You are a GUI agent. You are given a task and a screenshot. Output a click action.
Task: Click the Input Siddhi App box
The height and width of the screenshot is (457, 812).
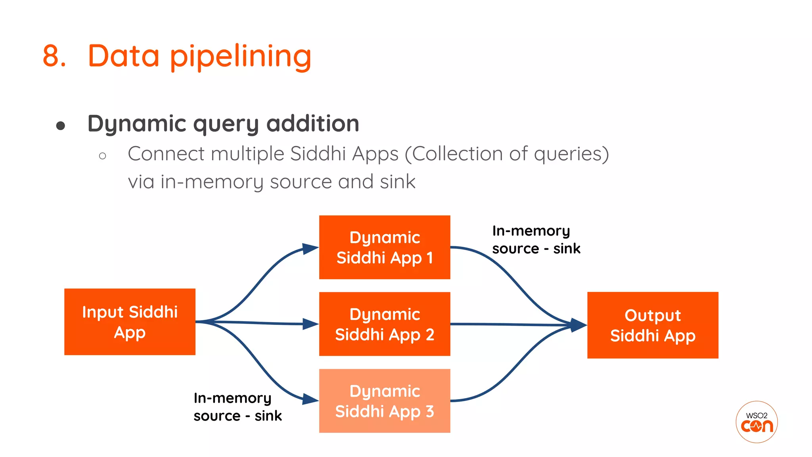(130, 322)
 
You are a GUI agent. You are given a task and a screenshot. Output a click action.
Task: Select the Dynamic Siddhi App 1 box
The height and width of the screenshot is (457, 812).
(385, 247)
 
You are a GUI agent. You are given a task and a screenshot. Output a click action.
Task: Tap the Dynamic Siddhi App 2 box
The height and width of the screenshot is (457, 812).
(385, 324)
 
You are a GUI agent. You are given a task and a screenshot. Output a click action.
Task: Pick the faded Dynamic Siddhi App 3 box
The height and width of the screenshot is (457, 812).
(385, 401)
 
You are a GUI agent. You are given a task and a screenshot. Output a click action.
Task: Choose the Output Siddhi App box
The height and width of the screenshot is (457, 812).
(653, 325)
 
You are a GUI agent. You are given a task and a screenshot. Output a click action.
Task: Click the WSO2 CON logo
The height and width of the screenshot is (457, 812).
(756, 422)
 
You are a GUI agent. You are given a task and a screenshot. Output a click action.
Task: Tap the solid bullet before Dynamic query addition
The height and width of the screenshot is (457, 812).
(61, 126)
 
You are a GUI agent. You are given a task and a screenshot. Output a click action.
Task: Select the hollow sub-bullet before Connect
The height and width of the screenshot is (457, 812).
(103, 156)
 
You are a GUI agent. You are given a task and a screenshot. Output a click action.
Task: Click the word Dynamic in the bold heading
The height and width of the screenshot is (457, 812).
(137, 124)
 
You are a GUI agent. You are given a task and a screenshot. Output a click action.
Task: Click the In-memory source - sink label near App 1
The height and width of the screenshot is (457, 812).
(536, 240)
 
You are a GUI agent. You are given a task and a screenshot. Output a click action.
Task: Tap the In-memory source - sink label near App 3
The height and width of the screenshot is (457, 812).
(237, 407)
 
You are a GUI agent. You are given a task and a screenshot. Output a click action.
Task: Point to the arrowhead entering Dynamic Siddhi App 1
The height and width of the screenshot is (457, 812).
(310, 249)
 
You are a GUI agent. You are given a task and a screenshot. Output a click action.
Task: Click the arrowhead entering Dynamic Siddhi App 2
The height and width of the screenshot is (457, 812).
(310, 324)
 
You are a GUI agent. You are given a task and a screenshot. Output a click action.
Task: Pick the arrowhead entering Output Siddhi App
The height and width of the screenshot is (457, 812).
(578, 325)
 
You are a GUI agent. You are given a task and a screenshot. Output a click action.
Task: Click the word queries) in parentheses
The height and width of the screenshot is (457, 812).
(571, 154)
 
